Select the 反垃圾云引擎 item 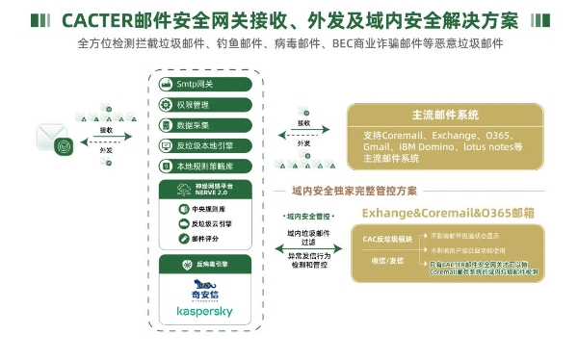(204, 223)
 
